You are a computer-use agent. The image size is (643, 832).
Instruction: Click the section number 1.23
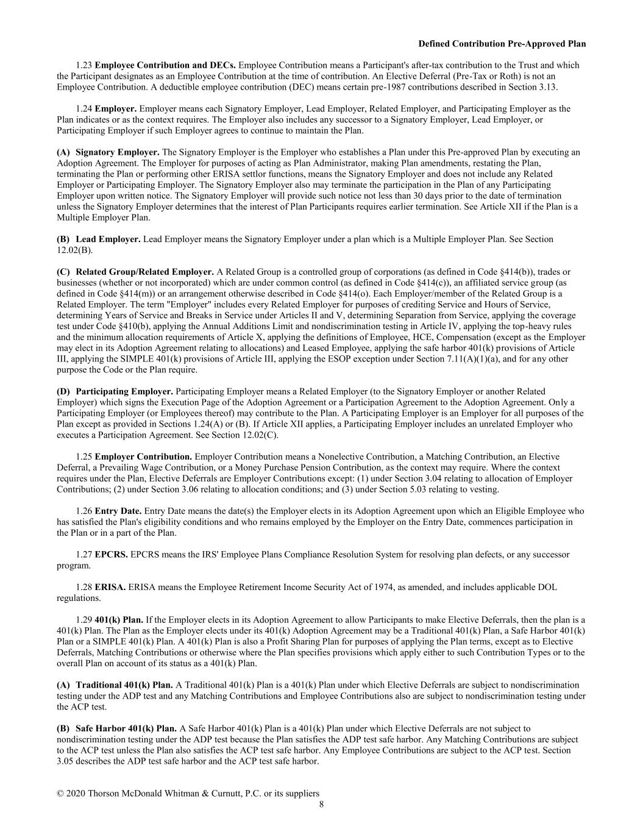[x=84, y=65]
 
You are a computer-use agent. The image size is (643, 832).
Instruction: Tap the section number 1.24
[x=84, y=109]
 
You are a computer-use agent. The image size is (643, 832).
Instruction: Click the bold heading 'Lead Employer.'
[x=108, y=240]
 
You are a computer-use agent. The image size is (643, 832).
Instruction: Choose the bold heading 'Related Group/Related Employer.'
[x=145, y=272]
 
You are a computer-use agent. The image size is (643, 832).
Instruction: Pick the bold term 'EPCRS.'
[x=112, y=555]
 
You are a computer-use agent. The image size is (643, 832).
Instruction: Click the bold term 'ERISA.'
[x=110, y=588]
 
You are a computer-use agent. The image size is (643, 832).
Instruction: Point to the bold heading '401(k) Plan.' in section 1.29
[x=119, y=620]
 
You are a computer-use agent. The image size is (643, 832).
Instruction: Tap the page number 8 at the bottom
[x=321, y=805]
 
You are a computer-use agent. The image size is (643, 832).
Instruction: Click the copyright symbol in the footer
[x=60, y=794]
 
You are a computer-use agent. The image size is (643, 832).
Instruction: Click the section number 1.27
[x=84, y=555]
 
